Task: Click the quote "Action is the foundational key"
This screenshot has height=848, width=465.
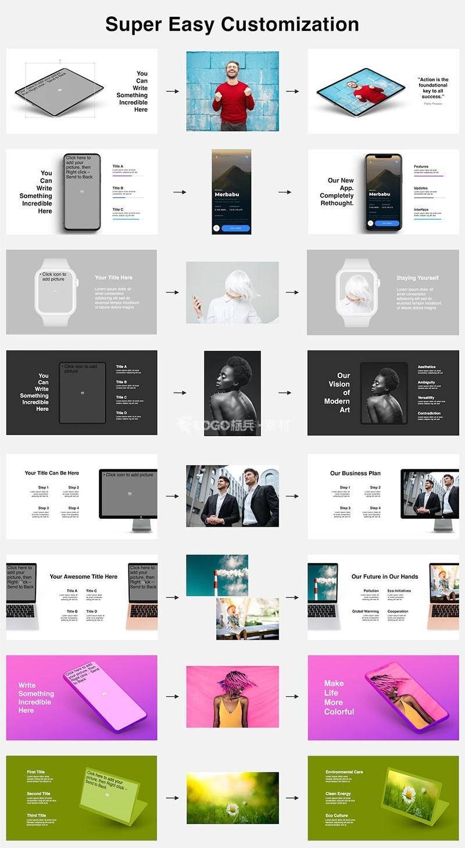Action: pyautogui.click(x=433, y=88)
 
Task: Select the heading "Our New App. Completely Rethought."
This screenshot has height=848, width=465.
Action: pyautogui.click(x=337, y=192)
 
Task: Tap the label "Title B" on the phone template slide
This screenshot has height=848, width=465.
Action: pyautogui.click(x=117, y=188)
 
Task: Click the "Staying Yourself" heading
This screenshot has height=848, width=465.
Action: pyautogui.click(x=417, y=278)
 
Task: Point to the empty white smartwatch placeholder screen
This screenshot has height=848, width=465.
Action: pyautogui.click(x=55, y=291)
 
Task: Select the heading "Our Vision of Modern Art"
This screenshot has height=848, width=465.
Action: pyautogui.click(x=337, y=393)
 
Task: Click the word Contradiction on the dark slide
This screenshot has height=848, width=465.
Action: pyautogui.click(x=429, y=414)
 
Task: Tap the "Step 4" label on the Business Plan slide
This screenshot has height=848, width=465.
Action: pyautogui.click(x=375, y=508)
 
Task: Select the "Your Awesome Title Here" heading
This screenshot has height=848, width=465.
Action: pyautogui.click(x=83, y=576)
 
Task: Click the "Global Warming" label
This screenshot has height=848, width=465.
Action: pyautogui.click(x=365, y=611)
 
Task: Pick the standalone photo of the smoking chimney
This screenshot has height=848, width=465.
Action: pyautogui.click(x=217, y=575)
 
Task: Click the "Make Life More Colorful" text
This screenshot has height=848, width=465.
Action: pyautogui.click(x=339, y=697)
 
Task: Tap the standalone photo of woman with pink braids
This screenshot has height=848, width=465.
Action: pyautogui.click(x=233, y=697)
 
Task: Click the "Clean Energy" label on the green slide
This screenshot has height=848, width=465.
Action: pyautogui.click(x=338, y=793)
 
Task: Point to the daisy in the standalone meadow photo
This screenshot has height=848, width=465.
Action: pyautogui.click(x=233, y=808)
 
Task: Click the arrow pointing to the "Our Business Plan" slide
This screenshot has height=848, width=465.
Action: pyautogui.click(x=292, y=496)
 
